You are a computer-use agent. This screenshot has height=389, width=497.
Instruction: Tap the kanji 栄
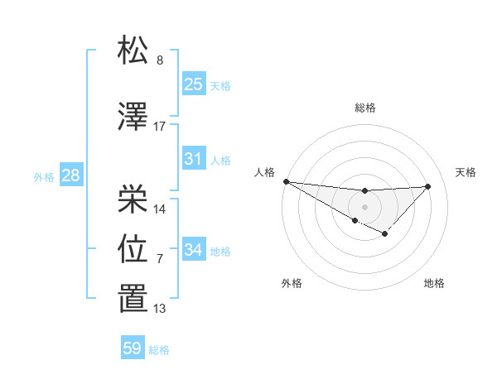point(133,199)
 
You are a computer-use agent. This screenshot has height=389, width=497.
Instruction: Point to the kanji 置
point(133,299)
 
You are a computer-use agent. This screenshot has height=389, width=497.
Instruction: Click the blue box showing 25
point(194,84)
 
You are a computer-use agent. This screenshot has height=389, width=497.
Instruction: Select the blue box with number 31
point(194,159)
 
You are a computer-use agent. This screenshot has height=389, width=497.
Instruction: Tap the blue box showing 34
point(194,250)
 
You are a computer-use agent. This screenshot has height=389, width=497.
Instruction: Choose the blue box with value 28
point(70,175)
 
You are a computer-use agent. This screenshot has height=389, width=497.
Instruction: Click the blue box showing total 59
point(133,348)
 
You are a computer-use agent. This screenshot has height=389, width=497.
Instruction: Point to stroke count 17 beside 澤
point(160,127)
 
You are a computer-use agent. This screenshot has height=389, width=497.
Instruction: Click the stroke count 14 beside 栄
point(160,209)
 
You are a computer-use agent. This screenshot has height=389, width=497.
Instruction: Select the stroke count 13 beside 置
point(160,310)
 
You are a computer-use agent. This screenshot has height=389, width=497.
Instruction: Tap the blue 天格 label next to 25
point(220,86)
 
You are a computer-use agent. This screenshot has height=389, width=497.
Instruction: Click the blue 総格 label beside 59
point(159,350)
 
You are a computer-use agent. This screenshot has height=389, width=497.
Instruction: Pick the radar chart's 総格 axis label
point(364,108)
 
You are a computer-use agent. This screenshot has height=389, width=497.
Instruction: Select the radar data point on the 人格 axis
point(286,181)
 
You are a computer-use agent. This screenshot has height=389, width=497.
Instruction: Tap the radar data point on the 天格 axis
point(428,186)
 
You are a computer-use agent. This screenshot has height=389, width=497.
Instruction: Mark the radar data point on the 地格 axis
point(384,235)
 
